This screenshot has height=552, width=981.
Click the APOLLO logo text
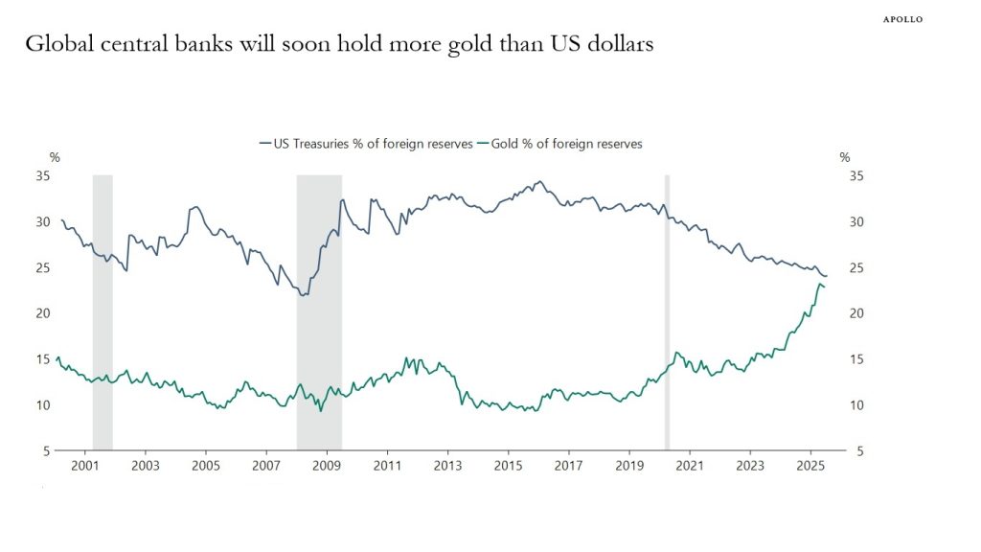tap(902, 19)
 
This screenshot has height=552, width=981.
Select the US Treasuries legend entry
tap(366, 144)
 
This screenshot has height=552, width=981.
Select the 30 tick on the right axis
tap(857, 222)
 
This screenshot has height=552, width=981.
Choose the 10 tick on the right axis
tap(857, 405)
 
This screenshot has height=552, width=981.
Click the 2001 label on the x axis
tap(86, 467)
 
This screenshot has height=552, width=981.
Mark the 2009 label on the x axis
tap(328, 467)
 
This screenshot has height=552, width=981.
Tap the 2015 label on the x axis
tap(509, 467)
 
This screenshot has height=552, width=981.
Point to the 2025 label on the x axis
tap(810, 467)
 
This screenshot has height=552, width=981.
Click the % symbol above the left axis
tap(55, 157)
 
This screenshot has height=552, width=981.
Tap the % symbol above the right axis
tap(844, 157)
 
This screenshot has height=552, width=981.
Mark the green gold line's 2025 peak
tap(821, 284)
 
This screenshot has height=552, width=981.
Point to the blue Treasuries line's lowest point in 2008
tap(303, 295)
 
